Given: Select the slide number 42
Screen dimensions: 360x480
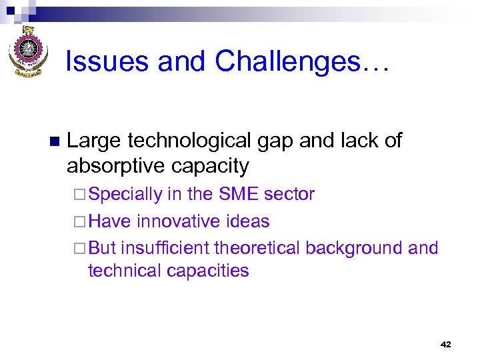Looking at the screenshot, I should click(x=446, y=344).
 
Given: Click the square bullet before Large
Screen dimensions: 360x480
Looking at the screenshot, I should click(x=54, y=141).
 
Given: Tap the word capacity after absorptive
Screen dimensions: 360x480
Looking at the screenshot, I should click(x=213, y=166).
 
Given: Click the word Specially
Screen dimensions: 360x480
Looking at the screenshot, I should click(x=125, y=195).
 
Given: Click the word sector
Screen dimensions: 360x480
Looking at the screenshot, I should click(x=289, y=194).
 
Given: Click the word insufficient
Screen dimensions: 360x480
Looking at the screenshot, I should click(x=165, y=248).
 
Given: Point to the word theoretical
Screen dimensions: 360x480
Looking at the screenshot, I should click(x=257, y=248).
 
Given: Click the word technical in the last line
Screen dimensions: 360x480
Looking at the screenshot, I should click(x=122, y=271).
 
